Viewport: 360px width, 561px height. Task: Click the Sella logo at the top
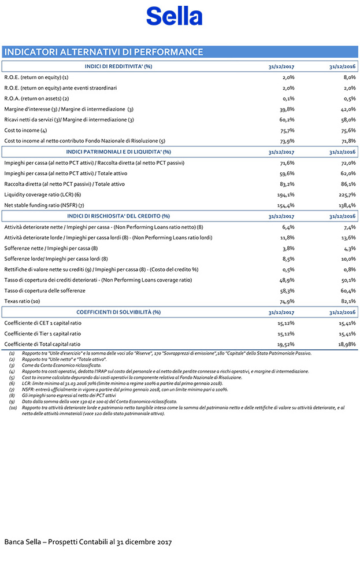tap(174, 16)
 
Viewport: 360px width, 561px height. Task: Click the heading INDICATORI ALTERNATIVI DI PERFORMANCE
tap(104, 52)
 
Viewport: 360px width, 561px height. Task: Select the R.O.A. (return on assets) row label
tap(36, 98)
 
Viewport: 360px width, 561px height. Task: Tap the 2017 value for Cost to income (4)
tap(287, 131)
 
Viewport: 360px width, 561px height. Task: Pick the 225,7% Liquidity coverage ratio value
tap(346, 194)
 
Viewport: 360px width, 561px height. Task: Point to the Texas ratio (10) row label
tap(22, 301)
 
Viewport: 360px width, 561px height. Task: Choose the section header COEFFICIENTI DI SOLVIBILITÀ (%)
tap(118, 312)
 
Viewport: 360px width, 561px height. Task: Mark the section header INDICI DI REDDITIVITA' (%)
tap(118, 67)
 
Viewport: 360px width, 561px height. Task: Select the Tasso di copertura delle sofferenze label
tap(45, 290)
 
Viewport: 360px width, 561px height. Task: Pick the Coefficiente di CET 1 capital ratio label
tap(43, 323)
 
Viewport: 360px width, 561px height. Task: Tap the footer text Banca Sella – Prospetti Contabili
tap(88, 542)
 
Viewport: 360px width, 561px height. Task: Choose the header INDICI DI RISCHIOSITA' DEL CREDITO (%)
tap(118, 216)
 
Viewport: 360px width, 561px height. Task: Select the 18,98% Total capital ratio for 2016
tap(346, 344)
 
